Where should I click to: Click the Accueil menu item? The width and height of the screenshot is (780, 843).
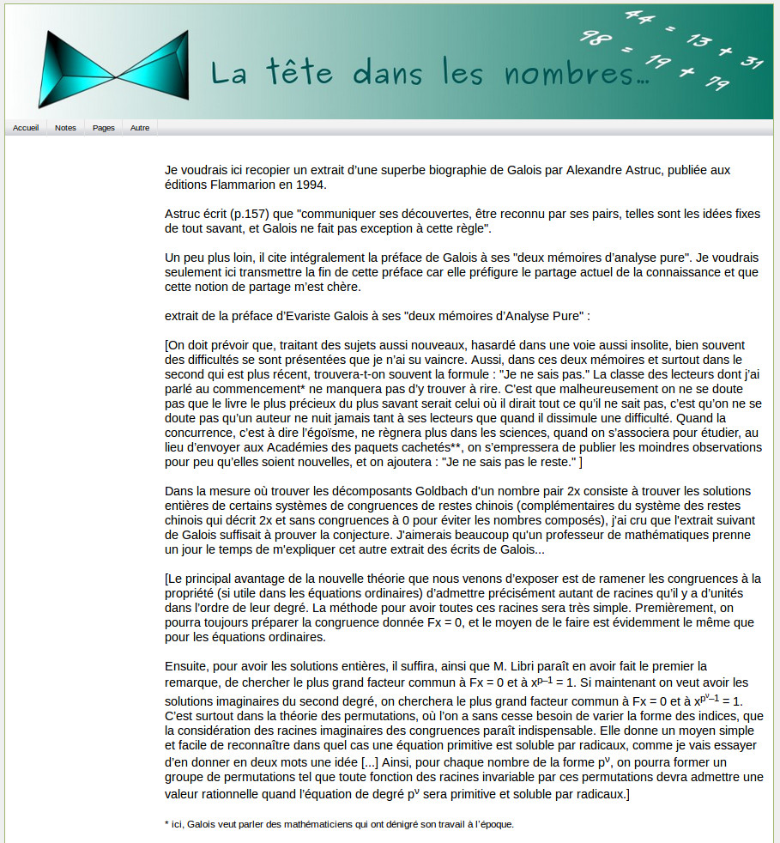26,128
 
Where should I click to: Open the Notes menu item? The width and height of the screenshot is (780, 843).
65,128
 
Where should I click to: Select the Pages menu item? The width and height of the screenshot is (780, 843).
104,128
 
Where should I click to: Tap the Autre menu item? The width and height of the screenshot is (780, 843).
140,128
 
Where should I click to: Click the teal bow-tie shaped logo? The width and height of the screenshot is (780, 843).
113,69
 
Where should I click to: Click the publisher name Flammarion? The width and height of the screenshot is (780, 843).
247,185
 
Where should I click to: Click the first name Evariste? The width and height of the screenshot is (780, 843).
314,316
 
